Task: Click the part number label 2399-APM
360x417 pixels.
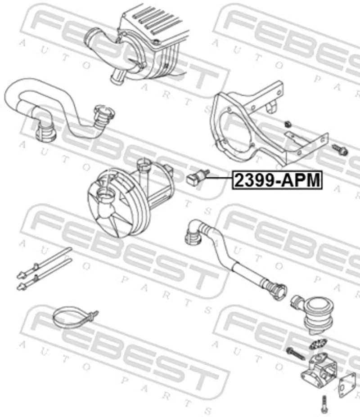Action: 278,180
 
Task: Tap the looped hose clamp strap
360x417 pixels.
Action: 75,318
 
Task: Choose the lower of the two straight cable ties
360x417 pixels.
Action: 44,274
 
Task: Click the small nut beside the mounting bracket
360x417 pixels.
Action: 287,124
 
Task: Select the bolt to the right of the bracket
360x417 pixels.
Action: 340,150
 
